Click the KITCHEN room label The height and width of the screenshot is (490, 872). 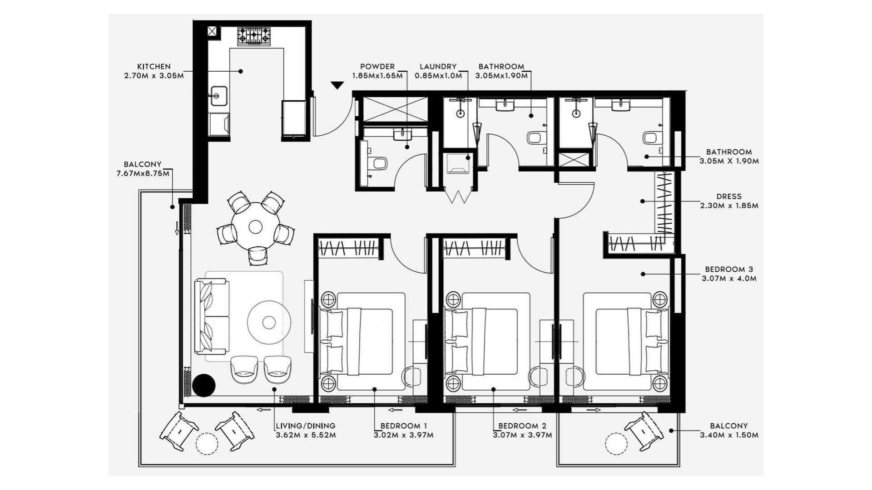[154, 66]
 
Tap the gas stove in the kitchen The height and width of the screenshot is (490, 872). [253, 36]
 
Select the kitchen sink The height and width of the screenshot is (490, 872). [217, 96]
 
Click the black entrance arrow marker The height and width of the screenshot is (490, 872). [337, 85]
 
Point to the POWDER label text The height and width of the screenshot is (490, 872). [377, 66]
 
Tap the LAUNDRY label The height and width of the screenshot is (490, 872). [438, 66]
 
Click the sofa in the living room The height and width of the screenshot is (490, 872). [212, 317]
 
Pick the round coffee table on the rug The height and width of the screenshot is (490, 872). [269, 322]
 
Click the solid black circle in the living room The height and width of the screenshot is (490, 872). [203, 385]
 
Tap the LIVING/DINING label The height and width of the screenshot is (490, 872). [306, 426]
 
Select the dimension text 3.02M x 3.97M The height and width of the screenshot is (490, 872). [403, 435]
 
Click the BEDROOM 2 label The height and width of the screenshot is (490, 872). [522, 426]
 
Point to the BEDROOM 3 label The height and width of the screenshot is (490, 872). [729, 269]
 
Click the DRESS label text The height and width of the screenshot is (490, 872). [729, 196]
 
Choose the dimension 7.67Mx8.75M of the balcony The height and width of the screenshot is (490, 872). [143, 173]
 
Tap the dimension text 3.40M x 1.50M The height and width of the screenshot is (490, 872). [729, 435]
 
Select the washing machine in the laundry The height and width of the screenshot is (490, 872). [458, 164]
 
